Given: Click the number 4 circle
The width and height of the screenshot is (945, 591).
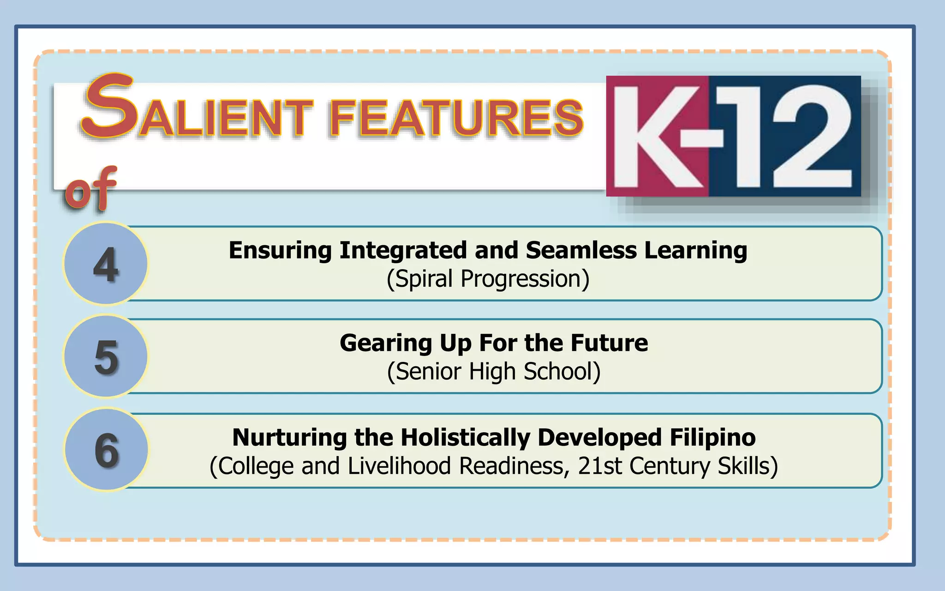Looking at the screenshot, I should (106, 264).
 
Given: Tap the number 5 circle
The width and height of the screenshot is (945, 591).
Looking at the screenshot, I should (106, 356).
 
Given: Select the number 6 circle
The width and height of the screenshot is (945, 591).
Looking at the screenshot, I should (107, 450).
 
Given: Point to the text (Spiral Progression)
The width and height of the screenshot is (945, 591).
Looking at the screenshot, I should (488, 279).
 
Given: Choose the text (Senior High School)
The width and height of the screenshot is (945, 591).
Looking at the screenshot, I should (494, 372).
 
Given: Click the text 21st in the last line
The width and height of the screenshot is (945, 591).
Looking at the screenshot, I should (600, 466).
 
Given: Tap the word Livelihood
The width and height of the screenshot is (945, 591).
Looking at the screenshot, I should (399, 466).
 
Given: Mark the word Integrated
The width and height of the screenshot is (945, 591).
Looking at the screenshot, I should (403, 251).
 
